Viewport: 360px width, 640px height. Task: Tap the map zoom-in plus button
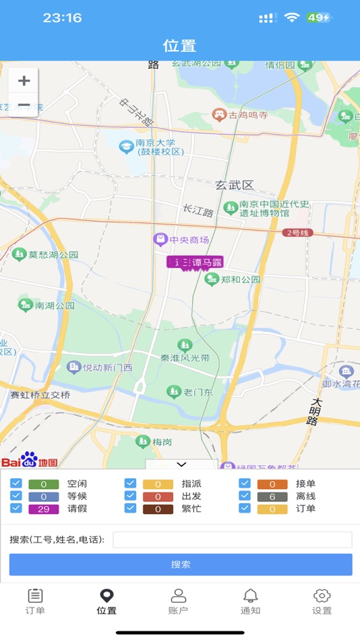(24, 82)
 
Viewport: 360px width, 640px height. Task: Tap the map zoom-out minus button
(24, 106)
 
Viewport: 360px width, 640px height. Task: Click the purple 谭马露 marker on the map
(195, 263)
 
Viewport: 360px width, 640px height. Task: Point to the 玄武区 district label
(234, 185)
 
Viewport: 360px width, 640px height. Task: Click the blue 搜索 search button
(181, 565)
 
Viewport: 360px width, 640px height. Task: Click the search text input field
(232, 540)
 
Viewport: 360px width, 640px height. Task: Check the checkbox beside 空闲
(16, 484)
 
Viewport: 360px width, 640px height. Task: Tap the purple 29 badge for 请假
(43, 509)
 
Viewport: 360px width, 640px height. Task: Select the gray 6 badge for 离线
(272, 497)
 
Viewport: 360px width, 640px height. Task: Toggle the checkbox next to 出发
(131, 497)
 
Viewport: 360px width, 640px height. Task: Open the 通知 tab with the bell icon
(250, 601)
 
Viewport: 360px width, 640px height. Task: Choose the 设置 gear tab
(322, 601)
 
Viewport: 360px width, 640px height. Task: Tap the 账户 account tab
(178, 601)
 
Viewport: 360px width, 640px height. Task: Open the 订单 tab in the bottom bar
(35, 601)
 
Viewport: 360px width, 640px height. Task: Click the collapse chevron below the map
(181, 464)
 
